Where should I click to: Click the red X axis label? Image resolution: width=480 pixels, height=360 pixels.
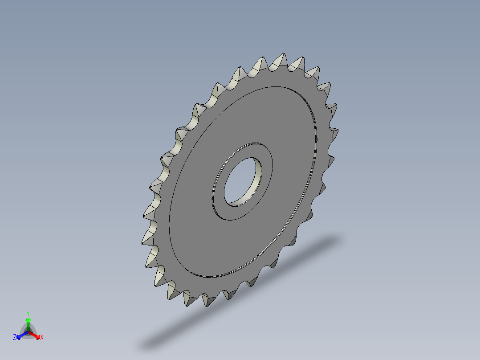tap(42, 338)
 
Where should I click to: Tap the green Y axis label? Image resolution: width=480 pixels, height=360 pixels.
tap(28, 313)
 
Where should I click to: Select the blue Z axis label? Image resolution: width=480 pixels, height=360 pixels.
tap(15, 338)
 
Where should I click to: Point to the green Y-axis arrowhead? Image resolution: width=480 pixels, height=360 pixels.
tap(28, 320)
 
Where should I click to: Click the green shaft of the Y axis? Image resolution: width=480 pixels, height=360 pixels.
tap(28, 326)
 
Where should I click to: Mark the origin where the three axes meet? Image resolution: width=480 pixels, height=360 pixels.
tap(28, 332)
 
